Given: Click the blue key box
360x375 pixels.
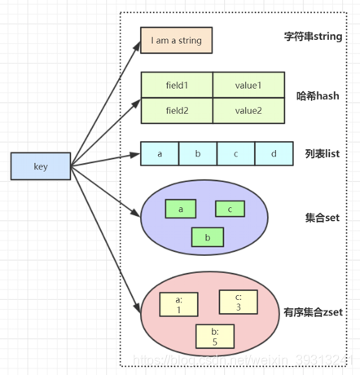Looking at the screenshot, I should click(40, 166).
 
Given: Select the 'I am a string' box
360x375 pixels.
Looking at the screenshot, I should click(176, 41).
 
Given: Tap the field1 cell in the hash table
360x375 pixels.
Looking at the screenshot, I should click(177, 85).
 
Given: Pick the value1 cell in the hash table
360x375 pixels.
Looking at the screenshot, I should click(248, 85).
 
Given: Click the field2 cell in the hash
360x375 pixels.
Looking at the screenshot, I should click(177, 110).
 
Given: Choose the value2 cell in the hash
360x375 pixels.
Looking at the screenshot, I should click(248, 110).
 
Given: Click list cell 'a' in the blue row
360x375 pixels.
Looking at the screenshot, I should click(160, 153).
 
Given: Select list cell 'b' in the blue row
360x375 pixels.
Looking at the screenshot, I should click(198, 153).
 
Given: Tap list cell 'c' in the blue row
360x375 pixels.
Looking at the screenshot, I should click(235, 153).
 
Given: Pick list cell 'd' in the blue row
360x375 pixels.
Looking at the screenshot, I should click(273, 153).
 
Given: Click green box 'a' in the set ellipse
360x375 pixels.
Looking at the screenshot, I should click(180, 209).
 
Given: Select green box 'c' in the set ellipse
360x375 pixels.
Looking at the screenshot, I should click(230, 209).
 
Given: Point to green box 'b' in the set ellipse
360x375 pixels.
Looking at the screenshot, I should click(207, 237).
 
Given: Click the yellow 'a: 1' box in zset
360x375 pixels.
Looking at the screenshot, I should click(180, 305).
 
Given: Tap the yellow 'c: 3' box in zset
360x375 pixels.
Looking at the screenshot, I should click(239, 301).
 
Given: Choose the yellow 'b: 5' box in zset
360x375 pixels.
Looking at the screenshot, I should click(214, 337).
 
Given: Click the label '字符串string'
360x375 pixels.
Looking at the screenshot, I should click(313, 37).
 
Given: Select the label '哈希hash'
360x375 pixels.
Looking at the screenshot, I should click(318, 96).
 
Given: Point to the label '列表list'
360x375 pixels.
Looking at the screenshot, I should click(322, 152).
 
